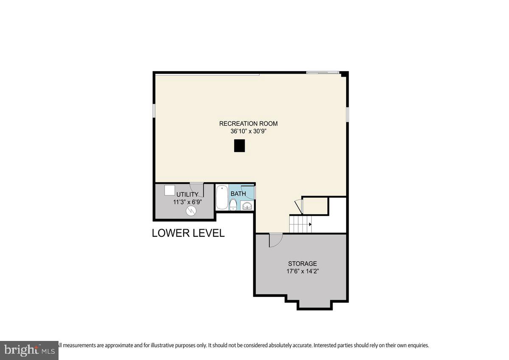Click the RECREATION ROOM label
(x=248, y=124)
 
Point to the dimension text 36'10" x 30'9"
(x=248, y=131)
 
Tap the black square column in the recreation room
(x=240, y=146)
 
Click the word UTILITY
(x=187, y=194)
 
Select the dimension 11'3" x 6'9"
(x=187, y=202)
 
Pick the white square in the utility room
(x=170, y=190)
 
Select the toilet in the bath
(x=233, y=205)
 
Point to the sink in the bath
(x=247, y=206)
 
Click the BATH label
(x=238, y=194)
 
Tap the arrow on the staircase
(x=310, y=224)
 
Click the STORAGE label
(x=302, y=263)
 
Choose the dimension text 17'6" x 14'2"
(x=302, y=271)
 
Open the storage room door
(x=275, y=240)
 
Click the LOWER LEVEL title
(x=188, y=233)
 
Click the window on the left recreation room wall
(x=154, y=111)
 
